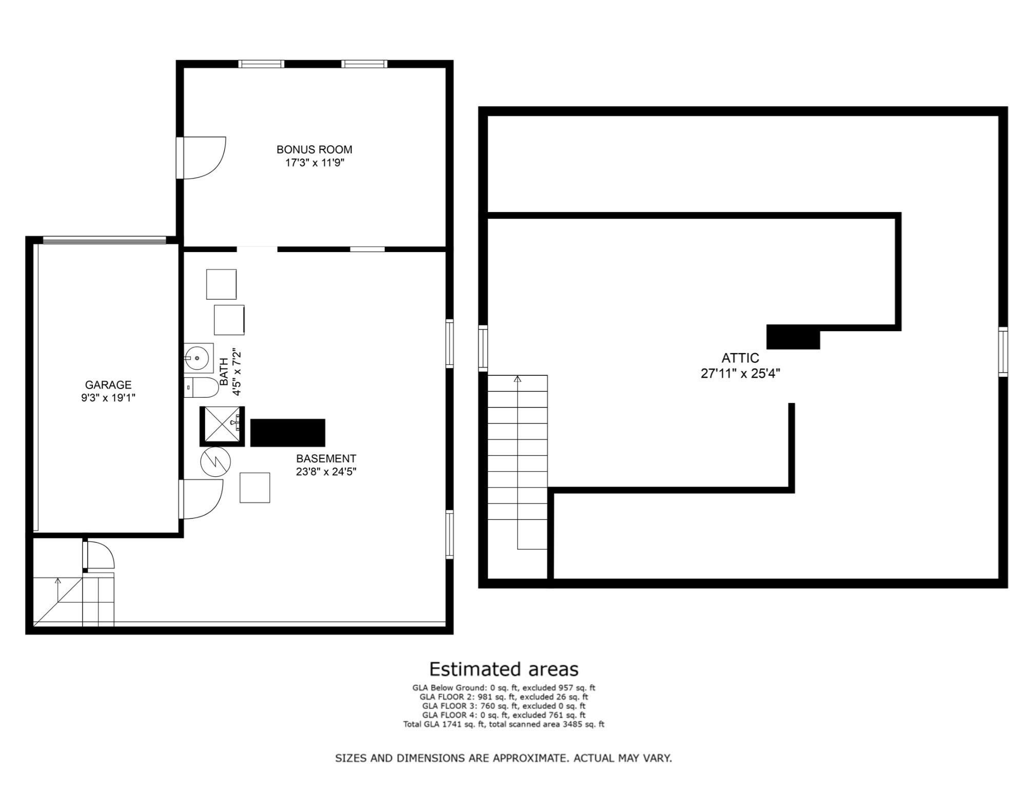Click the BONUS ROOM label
tap(314, 149)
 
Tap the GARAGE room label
tap(108, 384)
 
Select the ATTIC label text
tap(740, 358)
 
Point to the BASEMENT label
tap(326, 458)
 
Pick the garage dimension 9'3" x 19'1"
tap(108, 398)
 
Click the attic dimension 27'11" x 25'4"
tap(740, 373)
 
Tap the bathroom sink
tap(199, 358)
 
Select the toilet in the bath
tap(201, 388)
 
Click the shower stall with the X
tap(222, 426)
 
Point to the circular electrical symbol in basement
tap(215, 461)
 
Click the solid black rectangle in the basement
tap(288, 433)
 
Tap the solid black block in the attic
tap(793, 337)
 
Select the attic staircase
tap(518, 462)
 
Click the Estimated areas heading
tap(504, 669)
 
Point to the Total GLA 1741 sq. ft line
tap(504, 724)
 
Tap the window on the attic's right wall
tap(1003, 352)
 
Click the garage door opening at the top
tap(104, 240)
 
